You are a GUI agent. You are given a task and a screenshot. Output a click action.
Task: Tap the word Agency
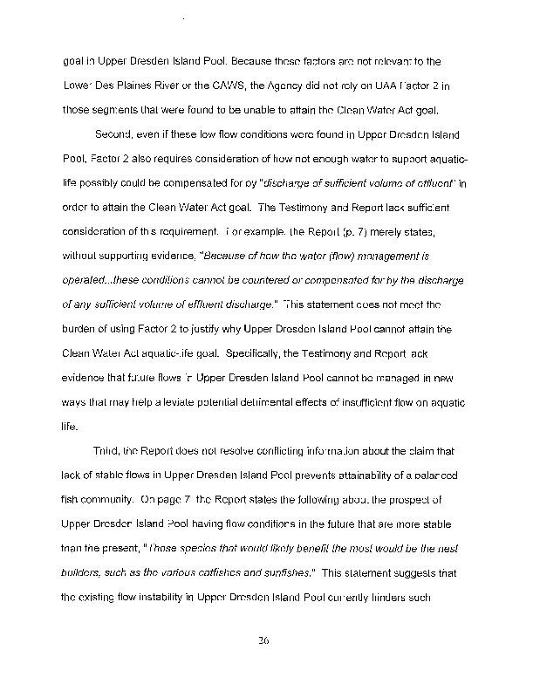click(298, 86)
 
